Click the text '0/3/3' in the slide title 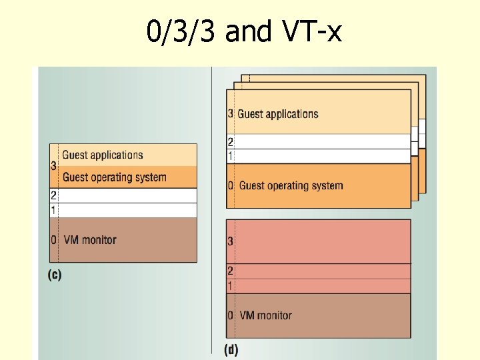pyautogui.click(x=181, y=31)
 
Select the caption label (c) pyautogui.click(x=55, y=275)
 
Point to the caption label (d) pyautogui.click(x=231, y=349)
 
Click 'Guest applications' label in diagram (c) pyautogui.click(x=103, y=155)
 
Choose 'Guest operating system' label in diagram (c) pyautogui.click(x=114, y=177)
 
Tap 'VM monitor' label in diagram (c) pyautogui.click(x=90, y=240)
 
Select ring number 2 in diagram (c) pyautogui.click(x=53, y=196)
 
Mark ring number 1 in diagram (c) pyautogui.click(x=53, y=211)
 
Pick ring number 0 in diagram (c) pyautogui.click(x=53, y=240)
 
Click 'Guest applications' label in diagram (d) pyautogui.click(x=278, y=114)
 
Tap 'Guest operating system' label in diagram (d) pyautogui.click(x=291, y=185)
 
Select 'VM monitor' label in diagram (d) pyautogui.click(x=265, y=315)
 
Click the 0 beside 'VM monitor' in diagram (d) pyautogui.click(x=230, y=315)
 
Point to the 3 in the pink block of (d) pyautogui.click(x=230, y=241)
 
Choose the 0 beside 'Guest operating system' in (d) pyautogui.click(x=231, y=185)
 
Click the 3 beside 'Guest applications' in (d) pyautogui.click(x=231, y=114)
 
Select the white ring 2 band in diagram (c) pyautogui.click(x=127, y=195)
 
